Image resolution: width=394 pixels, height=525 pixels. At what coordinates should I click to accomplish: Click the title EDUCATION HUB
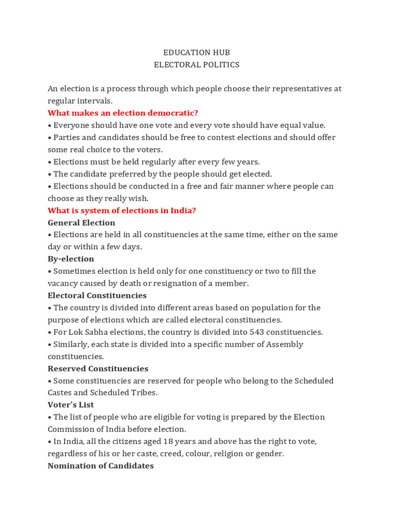(x=196, y=53)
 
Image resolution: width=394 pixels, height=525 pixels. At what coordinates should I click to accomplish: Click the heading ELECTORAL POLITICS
(x=196, y=65)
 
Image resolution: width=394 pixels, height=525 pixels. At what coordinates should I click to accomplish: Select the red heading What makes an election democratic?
(x=123, y=113)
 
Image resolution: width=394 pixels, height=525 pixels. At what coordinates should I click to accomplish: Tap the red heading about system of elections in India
(x=122, y=211)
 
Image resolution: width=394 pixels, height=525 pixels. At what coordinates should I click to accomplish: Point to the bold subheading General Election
(x=81, y=223)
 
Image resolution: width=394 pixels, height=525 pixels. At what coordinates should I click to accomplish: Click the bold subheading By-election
(x=71, y=259)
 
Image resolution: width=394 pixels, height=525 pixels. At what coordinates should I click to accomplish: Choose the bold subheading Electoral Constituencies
(x=97, y=296)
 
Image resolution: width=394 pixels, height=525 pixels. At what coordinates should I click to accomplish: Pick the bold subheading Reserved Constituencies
(x=97, y=369)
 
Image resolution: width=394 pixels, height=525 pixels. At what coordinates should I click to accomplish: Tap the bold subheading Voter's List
(x=71, y=405)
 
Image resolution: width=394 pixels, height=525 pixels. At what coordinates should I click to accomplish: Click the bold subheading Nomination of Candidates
(x=101, y=466)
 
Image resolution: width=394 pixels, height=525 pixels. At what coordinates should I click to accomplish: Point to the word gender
(x=269, y=454)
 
